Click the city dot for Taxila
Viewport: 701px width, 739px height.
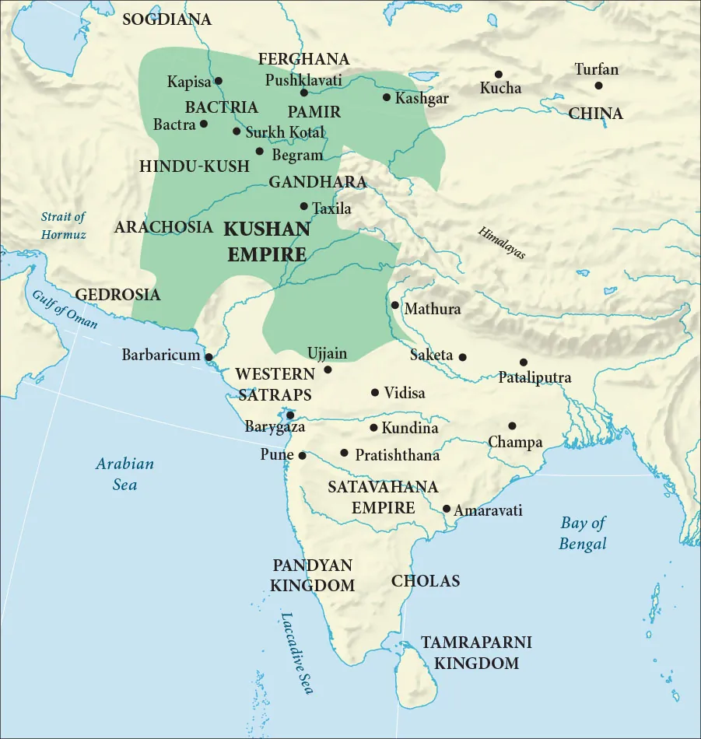[303, 206]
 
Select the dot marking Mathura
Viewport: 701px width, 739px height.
[395, 305]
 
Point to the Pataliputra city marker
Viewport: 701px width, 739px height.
[524, 362]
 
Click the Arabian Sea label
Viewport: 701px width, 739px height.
[124, 474]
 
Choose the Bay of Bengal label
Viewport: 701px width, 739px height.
[582, 533]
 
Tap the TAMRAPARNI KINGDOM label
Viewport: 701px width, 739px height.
[476, 653]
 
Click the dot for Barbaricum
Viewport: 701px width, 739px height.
[209, 357]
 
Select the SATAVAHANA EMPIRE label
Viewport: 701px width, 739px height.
[383, 497]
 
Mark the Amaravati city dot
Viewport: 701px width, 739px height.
[447, 509]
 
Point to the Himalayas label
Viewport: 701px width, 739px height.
[502, 243]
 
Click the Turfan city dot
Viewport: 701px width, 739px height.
[598, 86]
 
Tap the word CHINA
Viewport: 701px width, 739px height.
[596, 114]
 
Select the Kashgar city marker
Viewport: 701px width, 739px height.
[387, 98]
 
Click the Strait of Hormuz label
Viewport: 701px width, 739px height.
[63, 226]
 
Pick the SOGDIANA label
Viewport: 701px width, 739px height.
[167, 20]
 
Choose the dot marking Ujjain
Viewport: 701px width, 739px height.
[328, 369]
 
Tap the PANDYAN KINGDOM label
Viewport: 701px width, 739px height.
[313, 575]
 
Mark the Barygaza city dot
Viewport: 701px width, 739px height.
[290, 415]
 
